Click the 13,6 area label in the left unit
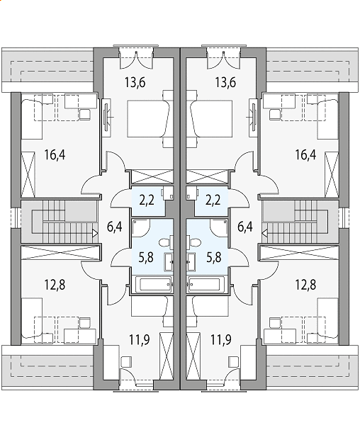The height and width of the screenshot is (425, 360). pos(135,82)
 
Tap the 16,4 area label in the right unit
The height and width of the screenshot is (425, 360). pos(305,154)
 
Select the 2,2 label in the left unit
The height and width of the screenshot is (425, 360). pos(147,200)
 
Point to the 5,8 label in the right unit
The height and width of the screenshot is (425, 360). pos(214,257)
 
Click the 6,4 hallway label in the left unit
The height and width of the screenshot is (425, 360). pos(114,227)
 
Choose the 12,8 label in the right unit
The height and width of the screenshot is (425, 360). pos(305,285)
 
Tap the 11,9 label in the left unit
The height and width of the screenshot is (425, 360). pos(140,339)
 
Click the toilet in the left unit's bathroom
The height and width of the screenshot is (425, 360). pos(166,242)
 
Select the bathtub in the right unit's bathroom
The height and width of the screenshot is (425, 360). pos(206,284)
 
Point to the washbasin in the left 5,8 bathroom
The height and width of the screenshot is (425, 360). pos(169,262)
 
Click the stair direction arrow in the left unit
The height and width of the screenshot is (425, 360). pos(95,233)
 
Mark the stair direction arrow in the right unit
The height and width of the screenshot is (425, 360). pos(265,233)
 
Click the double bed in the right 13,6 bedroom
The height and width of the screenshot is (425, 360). pos(211,118)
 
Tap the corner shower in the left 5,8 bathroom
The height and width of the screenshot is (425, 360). pos(141,228)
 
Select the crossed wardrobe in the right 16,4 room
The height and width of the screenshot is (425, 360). pos(332,175)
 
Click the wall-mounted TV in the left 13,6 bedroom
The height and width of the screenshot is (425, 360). pos(106,117)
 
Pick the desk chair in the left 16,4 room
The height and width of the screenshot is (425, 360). pos(85,114)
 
